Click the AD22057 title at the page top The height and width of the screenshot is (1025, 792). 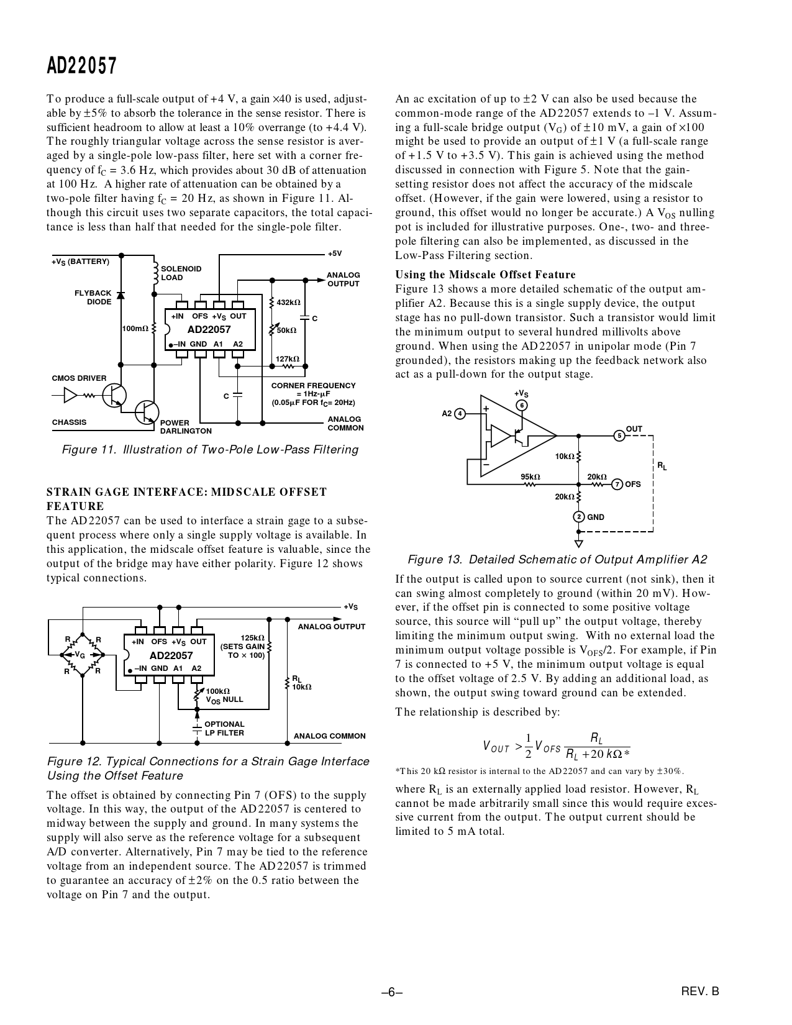(x=81, y=66)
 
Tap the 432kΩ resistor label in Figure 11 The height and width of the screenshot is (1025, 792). (x=288, y=303)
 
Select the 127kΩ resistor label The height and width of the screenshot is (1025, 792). (x=287, y=358)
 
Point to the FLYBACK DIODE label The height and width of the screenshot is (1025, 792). (x=93, y=298)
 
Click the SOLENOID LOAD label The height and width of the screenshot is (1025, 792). (x=181, y=273)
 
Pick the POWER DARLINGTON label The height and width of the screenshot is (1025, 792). (x=186, y=427)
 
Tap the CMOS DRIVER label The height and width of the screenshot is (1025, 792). (x=79, y=378)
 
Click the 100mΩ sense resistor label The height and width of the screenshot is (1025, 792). (x=135, y=328)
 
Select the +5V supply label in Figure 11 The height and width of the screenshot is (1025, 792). (x=335, y=254)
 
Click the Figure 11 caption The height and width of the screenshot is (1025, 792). (x=210, y=450)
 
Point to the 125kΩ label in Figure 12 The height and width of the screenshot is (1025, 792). (x=252, y=638)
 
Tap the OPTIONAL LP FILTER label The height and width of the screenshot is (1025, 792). (x=224, y=729)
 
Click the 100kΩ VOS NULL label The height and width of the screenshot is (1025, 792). (x=224, y=695)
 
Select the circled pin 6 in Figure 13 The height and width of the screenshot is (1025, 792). (x=522, y=406)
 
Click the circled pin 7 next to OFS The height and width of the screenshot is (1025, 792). (x=617, y=485)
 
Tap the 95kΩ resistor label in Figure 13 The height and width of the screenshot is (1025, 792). (x=530, y=477)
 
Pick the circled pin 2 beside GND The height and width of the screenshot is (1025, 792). (x=579, y=517)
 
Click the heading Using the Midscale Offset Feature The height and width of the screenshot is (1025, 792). (x=485, y=275)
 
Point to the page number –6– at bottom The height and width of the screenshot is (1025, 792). (x=392, y=992)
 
